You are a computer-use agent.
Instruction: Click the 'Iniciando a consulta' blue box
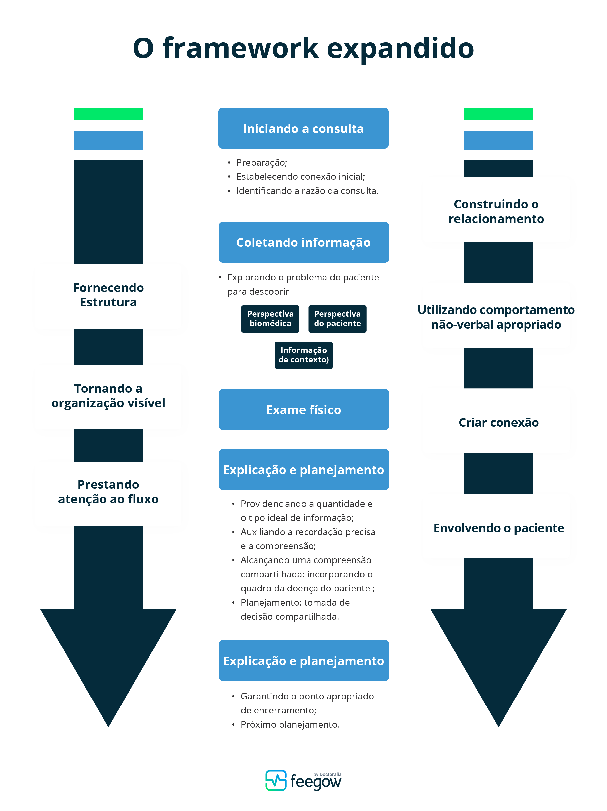[303, 128]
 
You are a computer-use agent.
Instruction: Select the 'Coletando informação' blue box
[304, 242]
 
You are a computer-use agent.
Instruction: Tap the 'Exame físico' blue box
[304, 410]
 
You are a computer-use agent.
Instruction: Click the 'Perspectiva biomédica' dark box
[270, 319]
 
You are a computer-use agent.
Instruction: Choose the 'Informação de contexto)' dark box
[304, 355]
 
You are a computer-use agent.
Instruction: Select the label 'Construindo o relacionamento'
[496, 211]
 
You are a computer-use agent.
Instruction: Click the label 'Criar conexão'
[498, 422]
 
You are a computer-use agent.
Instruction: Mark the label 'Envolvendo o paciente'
[498, 528]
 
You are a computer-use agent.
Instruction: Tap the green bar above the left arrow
[108, 114]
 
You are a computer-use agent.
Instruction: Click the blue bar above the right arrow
[498, 140]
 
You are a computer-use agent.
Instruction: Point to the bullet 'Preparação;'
[261, 162]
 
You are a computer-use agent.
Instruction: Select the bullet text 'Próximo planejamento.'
[290, 725]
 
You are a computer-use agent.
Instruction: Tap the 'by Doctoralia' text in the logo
[327, 774]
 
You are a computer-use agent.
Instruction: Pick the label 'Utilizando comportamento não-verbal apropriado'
[496, 317]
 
